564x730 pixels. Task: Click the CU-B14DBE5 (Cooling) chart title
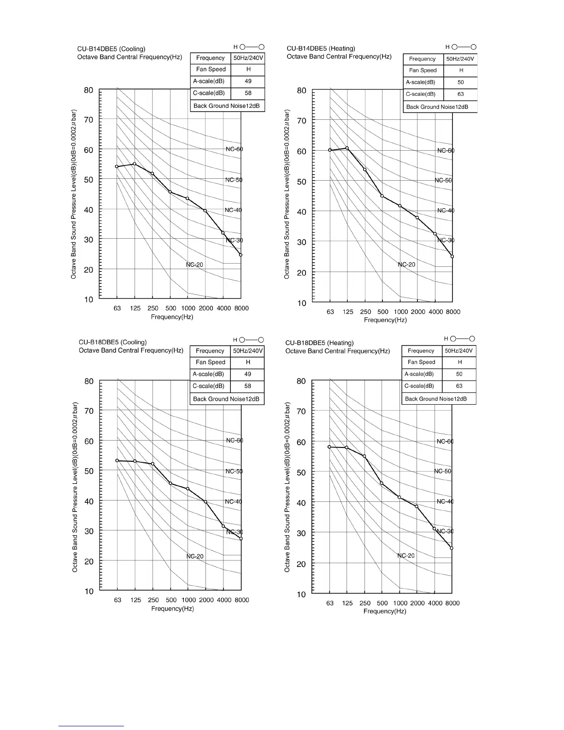[x=111, y=49]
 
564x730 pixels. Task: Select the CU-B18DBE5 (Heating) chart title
[x=319, y=343]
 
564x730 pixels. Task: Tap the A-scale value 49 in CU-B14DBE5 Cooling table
[x=248, y=81]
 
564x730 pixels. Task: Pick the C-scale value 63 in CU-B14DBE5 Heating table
[x=460, y=94]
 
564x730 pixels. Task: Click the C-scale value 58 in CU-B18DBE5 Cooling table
[x=247, y=386]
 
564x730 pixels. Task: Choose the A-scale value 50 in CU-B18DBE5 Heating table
[x=459, y=374]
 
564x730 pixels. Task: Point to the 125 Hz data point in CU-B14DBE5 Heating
[x=347, y=148]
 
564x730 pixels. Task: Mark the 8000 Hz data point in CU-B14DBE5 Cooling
[x=241, y=255]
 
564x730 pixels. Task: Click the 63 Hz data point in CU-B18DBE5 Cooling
[x=117, y=460]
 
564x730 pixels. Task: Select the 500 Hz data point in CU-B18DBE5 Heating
[x=382, y=483]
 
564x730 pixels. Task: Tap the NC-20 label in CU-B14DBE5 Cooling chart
[x=194, y=265]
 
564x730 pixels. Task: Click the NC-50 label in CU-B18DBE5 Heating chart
[x=443, y=471]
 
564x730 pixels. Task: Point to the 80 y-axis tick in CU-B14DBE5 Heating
[x=301, y=91]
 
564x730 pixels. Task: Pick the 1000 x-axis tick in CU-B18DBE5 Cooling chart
[x=188, y=600]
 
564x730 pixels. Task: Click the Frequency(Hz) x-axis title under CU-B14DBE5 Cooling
[x=172, y=317]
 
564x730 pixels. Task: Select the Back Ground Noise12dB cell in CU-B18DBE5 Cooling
[x=226, y=399]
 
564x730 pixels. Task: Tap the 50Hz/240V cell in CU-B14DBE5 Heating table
[x=460, y=59]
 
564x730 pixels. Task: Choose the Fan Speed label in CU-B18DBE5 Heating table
[x=421, y=362]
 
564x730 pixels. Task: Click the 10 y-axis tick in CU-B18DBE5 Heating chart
[x=301, y=595]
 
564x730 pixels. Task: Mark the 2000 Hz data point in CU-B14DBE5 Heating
[x=417, y=218]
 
